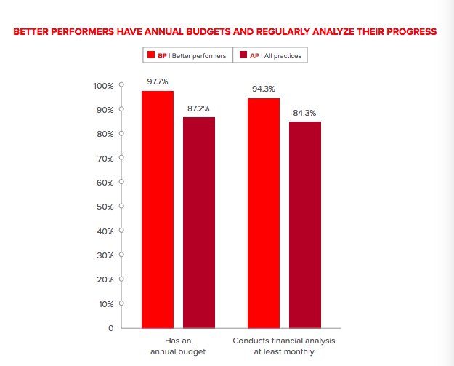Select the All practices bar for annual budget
[199, 222]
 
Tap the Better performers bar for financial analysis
[264, 212]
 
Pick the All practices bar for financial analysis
[305, 225]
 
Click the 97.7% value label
[158, 81]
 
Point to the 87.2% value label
[199, 108]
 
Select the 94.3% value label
[264, 89]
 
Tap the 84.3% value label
[305, 113]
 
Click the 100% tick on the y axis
[103, 86]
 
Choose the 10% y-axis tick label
[105, 303]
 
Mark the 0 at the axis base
[110, 328]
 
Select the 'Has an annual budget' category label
[179, 346]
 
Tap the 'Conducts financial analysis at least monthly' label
[284, 346]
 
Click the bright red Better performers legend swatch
[150, 55]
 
